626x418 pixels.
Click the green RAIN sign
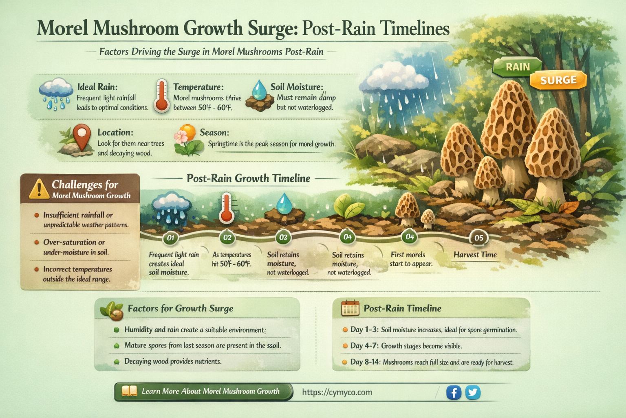point(518,67)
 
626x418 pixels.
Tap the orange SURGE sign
point(558,80)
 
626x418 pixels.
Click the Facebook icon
point(454,393)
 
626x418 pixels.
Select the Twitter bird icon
point(473,393)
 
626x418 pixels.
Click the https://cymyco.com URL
point(337,392)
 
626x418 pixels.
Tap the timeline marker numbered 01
point(170,238)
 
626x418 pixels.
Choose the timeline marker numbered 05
point(478,238)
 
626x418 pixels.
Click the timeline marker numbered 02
point(227,238)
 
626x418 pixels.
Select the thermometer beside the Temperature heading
point(162,96)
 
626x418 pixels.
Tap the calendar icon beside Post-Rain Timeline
point(350,309)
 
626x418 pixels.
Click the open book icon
point(130,391)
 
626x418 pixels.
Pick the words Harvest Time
point(475,255)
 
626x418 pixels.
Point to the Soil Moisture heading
point(297,87)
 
